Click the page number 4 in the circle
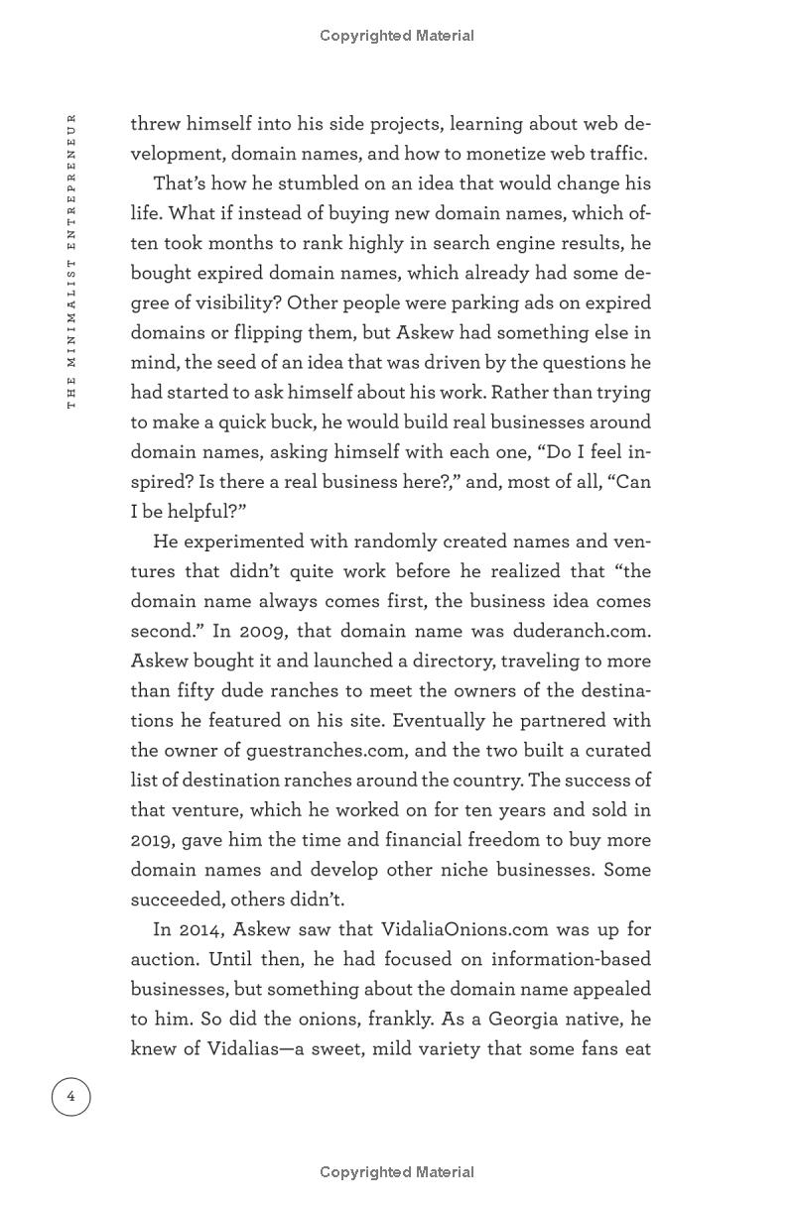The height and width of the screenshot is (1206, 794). pyautogui.click(x=70, y=1096)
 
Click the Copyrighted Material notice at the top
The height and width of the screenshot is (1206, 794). pyautogui.click(x=396, y=36)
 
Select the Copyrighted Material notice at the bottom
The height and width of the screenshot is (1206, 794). pyautogui.click(x=396, y=1172)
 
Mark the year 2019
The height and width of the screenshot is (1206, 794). pyautogui.click(x=152, y=839)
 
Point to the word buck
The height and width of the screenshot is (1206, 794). pyautogui.click(x=290, y=422)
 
